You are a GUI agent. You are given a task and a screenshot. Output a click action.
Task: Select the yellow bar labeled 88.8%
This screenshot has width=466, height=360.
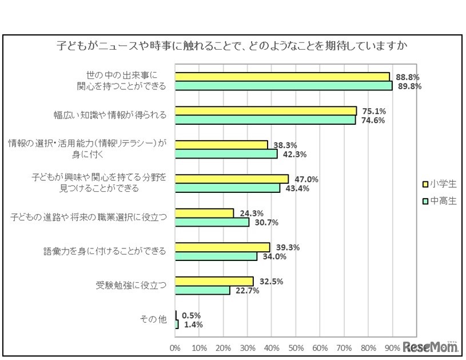(x=282, y=77)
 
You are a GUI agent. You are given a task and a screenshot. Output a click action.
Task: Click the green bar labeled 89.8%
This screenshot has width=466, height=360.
(x=284, y=86)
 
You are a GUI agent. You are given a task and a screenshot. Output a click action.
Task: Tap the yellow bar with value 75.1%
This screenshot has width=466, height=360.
(x=266, y=111)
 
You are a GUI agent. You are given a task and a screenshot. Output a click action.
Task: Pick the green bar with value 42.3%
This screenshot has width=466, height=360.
(x=226, y=154)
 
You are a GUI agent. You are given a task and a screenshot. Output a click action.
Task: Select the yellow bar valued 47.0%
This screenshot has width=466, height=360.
(x=232, y=179)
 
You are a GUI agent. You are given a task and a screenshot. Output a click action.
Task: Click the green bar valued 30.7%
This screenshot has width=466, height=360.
(x=212, y=222)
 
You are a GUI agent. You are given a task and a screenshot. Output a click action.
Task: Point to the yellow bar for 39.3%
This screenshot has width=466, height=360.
(x=222, y=247)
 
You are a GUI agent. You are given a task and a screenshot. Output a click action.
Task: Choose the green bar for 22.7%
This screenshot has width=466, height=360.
(x=203, y=290)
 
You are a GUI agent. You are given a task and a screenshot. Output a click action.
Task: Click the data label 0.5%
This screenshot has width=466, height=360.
(x=191, y=315)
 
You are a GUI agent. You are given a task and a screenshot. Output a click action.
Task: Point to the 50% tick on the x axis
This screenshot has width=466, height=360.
(x=296, y=347)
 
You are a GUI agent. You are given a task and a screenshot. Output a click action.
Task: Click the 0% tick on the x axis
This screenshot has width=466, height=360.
(x=176, y=347)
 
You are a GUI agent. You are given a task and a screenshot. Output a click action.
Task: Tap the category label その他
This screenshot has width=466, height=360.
(x=154, y=320)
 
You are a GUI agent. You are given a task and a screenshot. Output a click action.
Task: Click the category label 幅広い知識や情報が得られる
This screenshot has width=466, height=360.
(x=110, y=115)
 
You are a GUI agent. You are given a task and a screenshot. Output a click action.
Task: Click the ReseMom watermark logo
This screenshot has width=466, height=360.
(x=430, y=347)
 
